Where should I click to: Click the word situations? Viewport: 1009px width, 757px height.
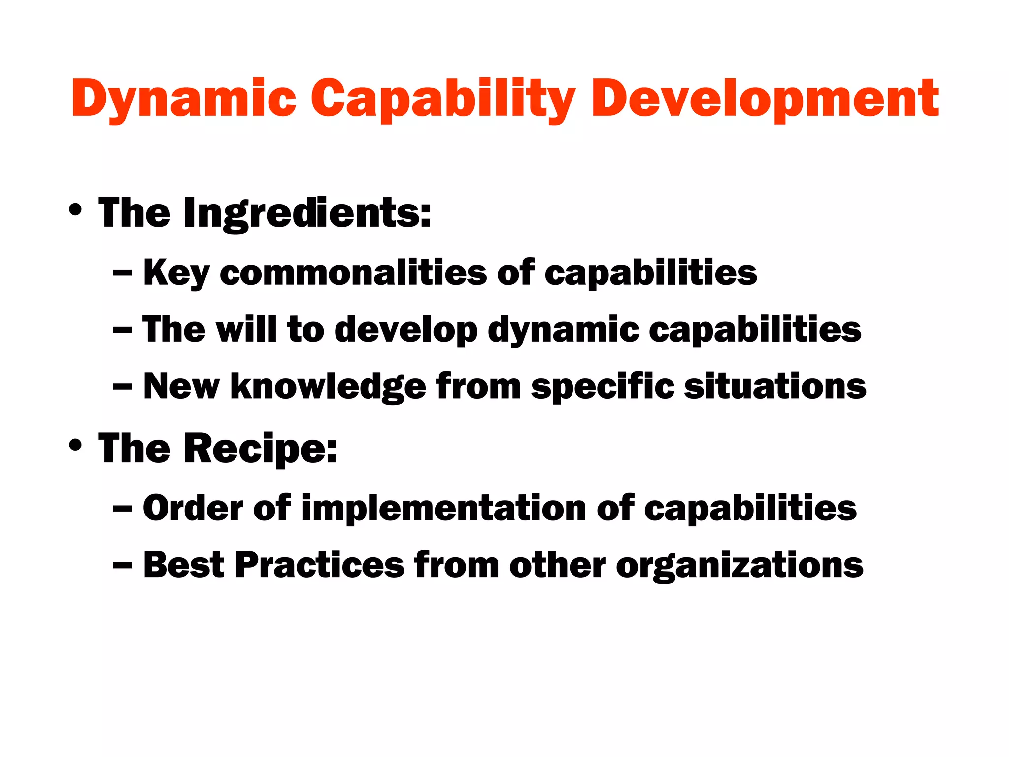(x=775, y=386)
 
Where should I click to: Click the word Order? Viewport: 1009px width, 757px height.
(x=193, y=508)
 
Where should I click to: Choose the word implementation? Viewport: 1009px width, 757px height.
(x=443, y=508)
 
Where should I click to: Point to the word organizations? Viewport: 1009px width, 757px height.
(x=740, y=566)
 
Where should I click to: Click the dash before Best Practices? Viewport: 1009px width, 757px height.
(x=122, y=566)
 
